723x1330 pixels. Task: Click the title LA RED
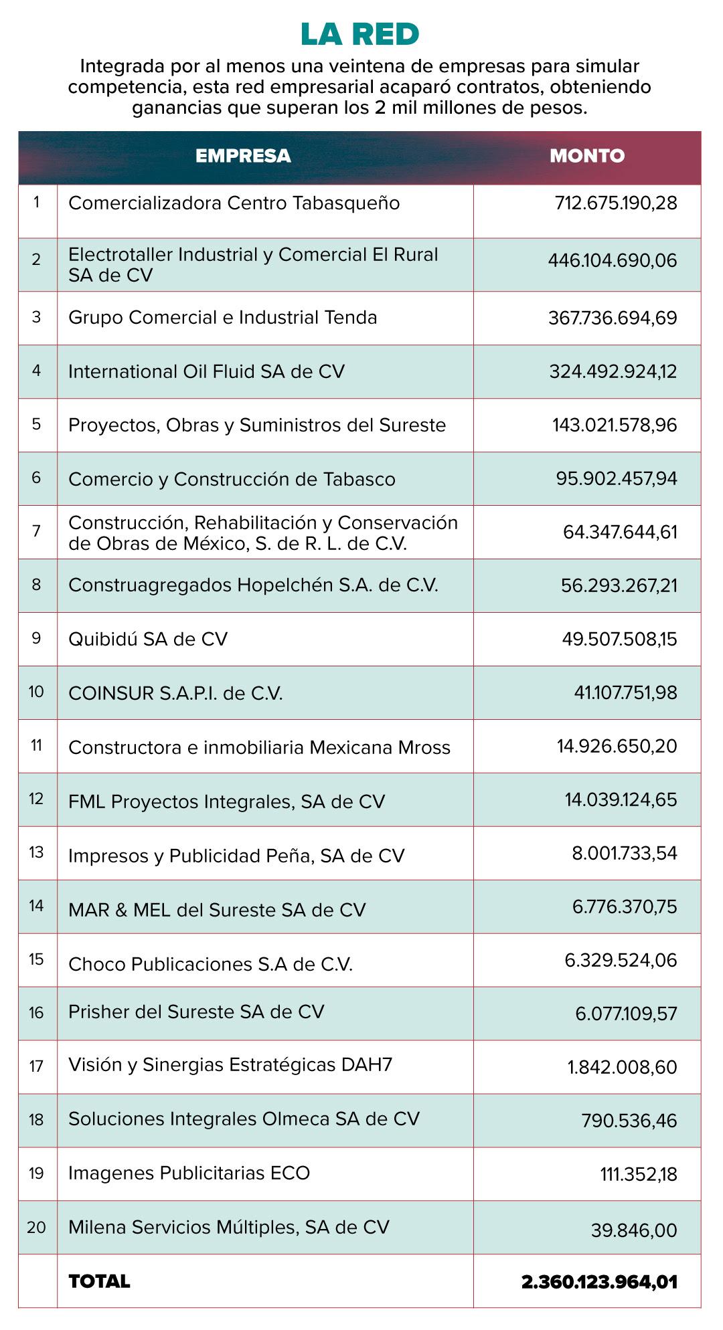(x=359, y=35)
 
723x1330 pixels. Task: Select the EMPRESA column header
(x=243, y=156)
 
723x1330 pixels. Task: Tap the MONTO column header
(x=587, y=156)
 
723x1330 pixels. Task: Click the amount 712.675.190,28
(x=616, y=203)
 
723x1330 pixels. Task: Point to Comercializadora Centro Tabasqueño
(x=234, y=203)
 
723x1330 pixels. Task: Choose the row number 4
(x=36, y=371)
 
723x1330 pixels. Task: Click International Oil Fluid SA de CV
(x=206, y=371)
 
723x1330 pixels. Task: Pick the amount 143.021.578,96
(x=615, y=425)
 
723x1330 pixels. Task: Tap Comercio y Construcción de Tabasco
(x=232, y=479)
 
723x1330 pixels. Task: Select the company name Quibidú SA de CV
(x=148, y=639)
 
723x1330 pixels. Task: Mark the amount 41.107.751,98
(x=625, y=692)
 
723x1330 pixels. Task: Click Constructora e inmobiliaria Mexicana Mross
(x=259, y=747)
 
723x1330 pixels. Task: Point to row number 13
(x=36, y=852)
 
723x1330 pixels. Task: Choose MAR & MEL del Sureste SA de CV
(x=217, y=910)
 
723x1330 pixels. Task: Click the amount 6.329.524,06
(x=621, y=960)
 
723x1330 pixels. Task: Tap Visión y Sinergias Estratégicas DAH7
(x=230, y=1064)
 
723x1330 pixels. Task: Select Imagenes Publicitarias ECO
(x=189, y=1173)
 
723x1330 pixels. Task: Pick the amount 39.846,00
(x=634, y=1230)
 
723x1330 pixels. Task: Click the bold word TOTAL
(x=99, y=1281)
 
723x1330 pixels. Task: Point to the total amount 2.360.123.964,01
(x=599, y=1282)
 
